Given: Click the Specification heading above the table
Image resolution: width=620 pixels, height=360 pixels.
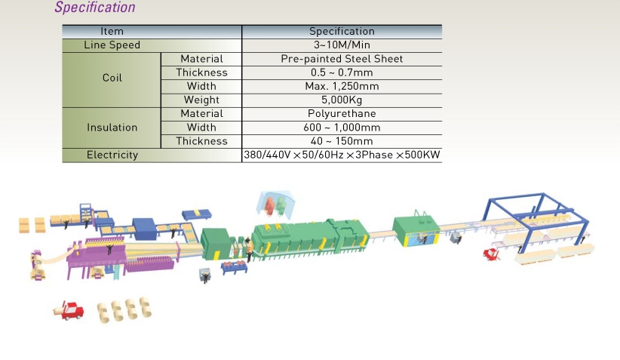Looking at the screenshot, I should pos(95,8).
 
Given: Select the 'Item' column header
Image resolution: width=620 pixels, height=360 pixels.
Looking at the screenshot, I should pos(112,32).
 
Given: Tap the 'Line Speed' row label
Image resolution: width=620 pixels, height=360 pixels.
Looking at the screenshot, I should pos(112,45).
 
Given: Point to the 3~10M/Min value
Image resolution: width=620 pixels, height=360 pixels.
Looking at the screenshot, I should pos(341,45).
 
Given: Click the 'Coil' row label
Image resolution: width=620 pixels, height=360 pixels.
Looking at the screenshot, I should pos(112,78).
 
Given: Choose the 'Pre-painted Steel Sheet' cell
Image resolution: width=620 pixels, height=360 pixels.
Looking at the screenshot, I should pos(341,59).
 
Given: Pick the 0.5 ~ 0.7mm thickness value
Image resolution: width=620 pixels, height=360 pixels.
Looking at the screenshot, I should pos(341,72).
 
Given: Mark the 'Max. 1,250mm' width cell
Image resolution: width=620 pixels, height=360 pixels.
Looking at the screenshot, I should pos(341,86).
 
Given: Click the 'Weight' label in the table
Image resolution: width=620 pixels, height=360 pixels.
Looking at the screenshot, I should pos(201,100).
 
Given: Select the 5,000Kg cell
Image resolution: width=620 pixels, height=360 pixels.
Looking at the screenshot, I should pos(341,100).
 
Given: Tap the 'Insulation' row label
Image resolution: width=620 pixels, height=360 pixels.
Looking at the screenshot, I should pos(112,128).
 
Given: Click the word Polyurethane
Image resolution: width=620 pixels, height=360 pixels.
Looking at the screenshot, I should pos(341,113).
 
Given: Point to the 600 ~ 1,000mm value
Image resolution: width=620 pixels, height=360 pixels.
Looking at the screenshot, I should pos(341,127).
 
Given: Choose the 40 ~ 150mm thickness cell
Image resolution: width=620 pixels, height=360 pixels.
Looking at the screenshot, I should pos(341,141).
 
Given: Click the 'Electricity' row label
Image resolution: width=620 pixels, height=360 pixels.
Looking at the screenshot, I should pos(112,155).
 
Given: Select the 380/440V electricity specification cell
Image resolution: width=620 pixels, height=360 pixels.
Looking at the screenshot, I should pos(341,155).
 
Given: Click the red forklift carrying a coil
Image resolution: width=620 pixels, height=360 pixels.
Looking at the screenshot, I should pos(69,309).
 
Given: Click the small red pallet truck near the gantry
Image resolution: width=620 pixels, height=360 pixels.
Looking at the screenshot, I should pos(496,252).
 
